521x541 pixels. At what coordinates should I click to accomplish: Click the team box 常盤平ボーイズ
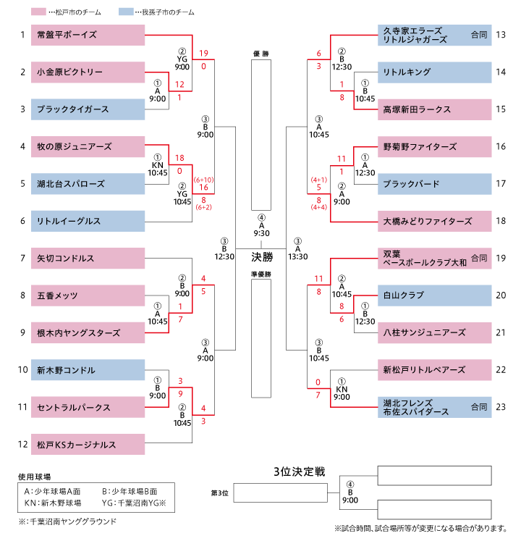(x=88, y=35)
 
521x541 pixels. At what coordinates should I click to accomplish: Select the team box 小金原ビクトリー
(x=88, y=72)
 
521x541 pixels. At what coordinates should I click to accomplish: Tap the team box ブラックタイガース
(x=88, y=109)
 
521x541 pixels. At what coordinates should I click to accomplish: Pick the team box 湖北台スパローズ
(x=88, y=184)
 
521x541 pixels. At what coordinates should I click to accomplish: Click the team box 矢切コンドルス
(x=88, y=259)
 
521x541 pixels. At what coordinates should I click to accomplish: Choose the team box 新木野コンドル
(x=88, y=370)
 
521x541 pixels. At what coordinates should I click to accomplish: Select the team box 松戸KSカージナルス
(x=88, y=444)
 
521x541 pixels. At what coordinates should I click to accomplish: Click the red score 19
(x=204, y=53)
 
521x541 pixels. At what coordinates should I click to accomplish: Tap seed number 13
(x=501, y=35)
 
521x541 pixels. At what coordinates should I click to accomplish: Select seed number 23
(x=501, y=407)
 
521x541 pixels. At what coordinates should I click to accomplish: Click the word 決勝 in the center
(x=262, y=256)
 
